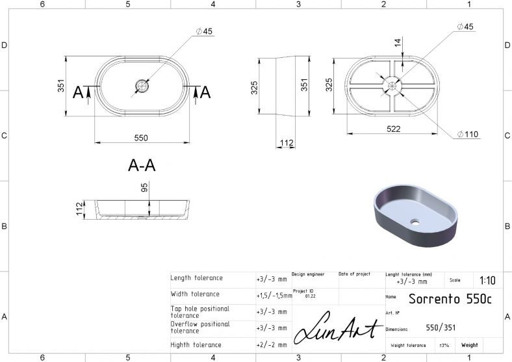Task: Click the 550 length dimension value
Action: coord(141,138)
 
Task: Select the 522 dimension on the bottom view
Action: coord(394,129)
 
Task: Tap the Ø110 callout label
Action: coord(468,134)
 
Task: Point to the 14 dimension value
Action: coord(398,42)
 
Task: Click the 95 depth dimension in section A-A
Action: coord(144,188)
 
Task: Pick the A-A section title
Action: coord(142,165)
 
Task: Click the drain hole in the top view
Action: coord(142,86)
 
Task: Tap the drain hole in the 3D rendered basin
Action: coord(415,223)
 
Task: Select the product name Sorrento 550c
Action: coord(450,298)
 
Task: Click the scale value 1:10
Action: coord(487,280)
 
